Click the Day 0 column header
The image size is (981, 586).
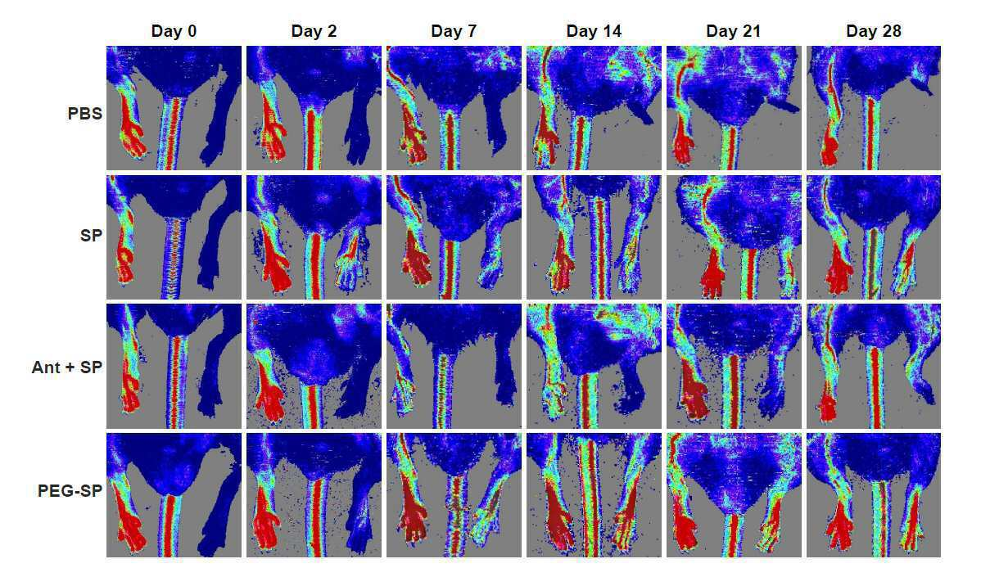(x=174, y=31)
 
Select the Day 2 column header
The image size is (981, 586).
(x=314, y=31)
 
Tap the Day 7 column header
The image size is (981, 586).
(x=454, y=31)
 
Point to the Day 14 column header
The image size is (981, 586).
(x=594, y=31)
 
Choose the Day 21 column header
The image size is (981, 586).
(x=733, y=31)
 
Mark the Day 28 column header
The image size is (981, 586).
(x=874, y=31)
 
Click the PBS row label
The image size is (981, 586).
(x=84, y=114)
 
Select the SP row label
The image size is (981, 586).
(x=91, y=236)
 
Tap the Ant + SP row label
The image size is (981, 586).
(x=67, y=367)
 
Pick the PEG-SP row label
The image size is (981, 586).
(x=70, y=491)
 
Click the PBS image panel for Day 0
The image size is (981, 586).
(x=174, y=107)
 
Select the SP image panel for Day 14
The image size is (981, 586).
(x=594, y=237)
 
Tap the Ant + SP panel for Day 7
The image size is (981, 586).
(x=454, y=366)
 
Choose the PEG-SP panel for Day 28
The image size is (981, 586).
(x=874, y=494)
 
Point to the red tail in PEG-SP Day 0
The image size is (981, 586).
(x=170, y=525)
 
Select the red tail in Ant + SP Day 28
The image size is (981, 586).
(x=875, y=388)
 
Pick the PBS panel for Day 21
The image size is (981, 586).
(x=733, y=107)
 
